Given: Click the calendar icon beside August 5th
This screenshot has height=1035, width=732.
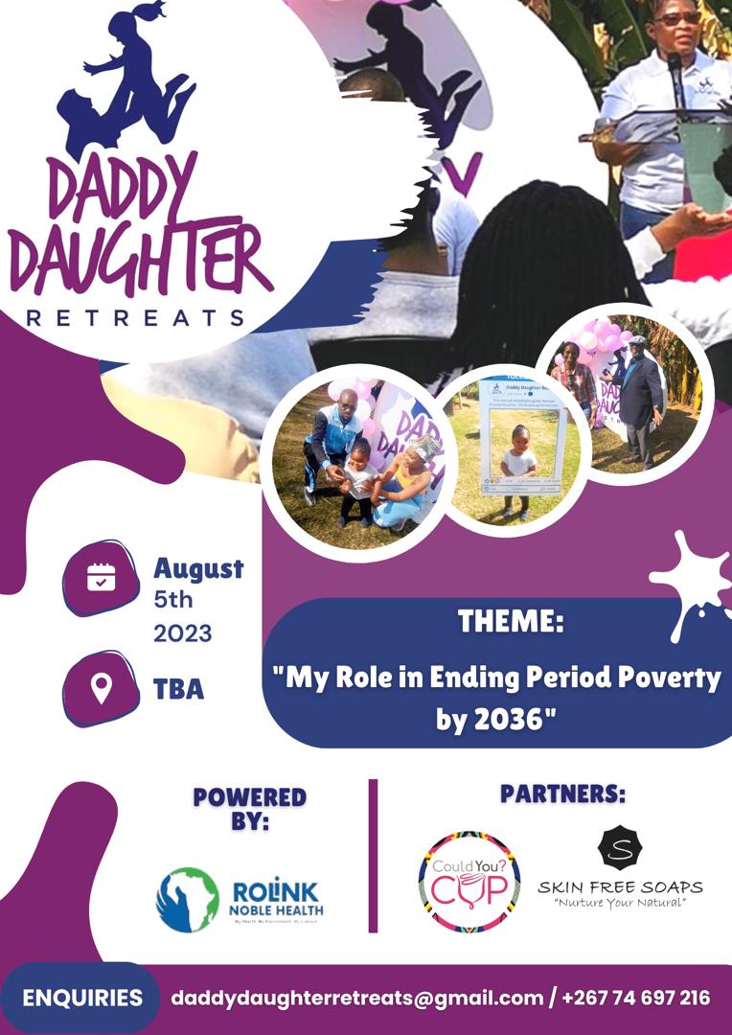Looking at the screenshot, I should [101, 577].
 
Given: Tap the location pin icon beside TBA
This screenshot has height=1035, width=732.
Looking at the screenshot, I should [101, 688].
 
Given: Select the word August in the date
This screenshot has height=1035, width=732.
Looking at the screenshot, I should [198, 569].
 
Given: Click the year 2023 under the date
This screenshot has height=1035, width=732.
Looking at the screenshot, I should [183, 633].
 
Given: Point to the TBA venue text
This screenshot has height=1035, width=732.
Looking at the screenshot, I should [178, 689].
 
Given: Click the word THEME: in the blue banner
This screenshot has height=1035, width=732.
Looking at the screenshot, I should [510, 622].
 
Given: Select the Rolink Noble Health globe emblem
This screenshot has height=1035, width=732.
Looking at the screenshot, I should [188, 900].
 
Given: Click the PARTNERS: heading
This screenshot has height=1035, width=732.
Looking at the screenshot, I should [562, 794].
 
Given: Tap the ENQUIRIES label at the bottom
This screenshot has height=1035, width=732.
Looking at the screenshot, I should [82, 998].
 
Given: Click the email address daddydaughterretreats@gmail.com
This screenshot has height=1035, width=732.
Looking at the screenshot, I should [356, 998].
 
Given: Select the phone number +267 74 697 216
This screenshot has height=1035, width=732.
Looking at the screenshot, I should [636, 998].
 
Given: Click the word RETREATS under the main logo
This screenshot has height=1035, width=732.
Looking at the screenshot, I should [135, 317].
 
